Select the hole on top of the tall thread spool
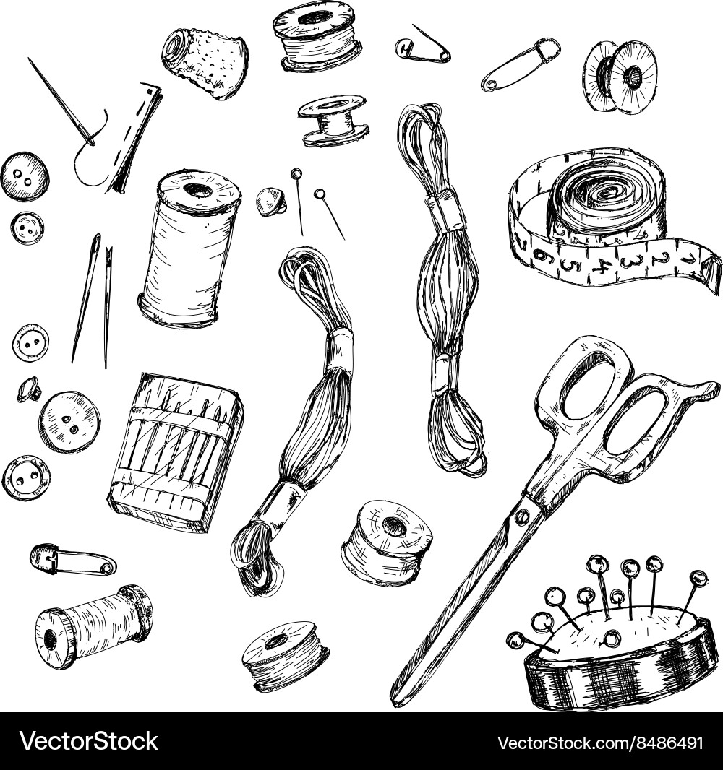click(196, 191)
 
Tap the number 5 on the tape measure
click(571, 264)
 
